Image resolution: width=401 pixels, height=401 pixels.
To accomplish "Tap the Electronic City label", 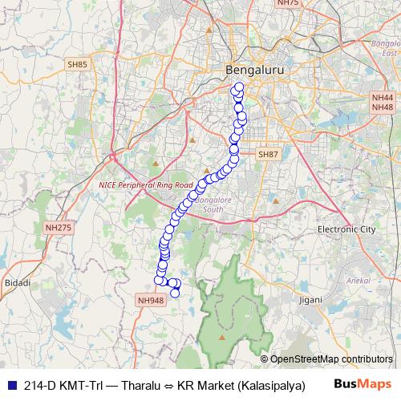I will point(346,229).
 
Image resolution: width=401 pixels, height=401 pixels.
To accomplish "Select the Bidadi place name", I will point(17,283).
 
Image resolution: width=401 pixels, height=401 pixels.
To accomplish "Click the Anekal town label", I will point(354,281).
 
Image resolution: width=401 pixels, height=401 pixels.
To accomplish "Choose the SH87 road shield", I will point(266,153).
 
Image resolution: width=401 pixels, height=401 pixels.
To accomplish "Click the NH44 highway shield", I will point(383,96).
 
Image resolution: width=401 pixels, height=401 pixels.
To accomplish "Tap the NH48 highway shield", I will point(383,107).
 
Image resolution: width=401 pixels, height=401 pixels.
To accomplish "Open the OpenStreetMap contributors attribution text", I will point(331,359).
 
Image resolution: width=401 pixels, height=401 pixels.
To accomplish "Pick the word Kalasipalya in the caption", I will point(273,384).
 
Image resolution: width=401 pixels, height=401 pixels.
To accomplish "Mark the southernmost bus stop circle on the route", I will point(175,293).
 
